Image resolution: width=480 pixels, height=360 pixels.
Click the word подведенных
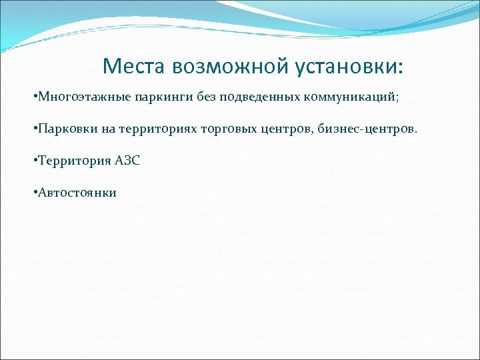(x=259, y=97)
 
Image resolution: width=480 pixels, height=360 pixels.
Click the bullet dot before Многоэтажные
(x=34, y=97)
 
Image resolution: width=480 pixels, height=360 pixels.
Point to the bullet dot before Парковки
(x=34, y=129)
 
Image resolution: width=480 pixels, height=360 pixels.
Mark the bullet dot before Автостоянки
(x=34, y=193)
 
